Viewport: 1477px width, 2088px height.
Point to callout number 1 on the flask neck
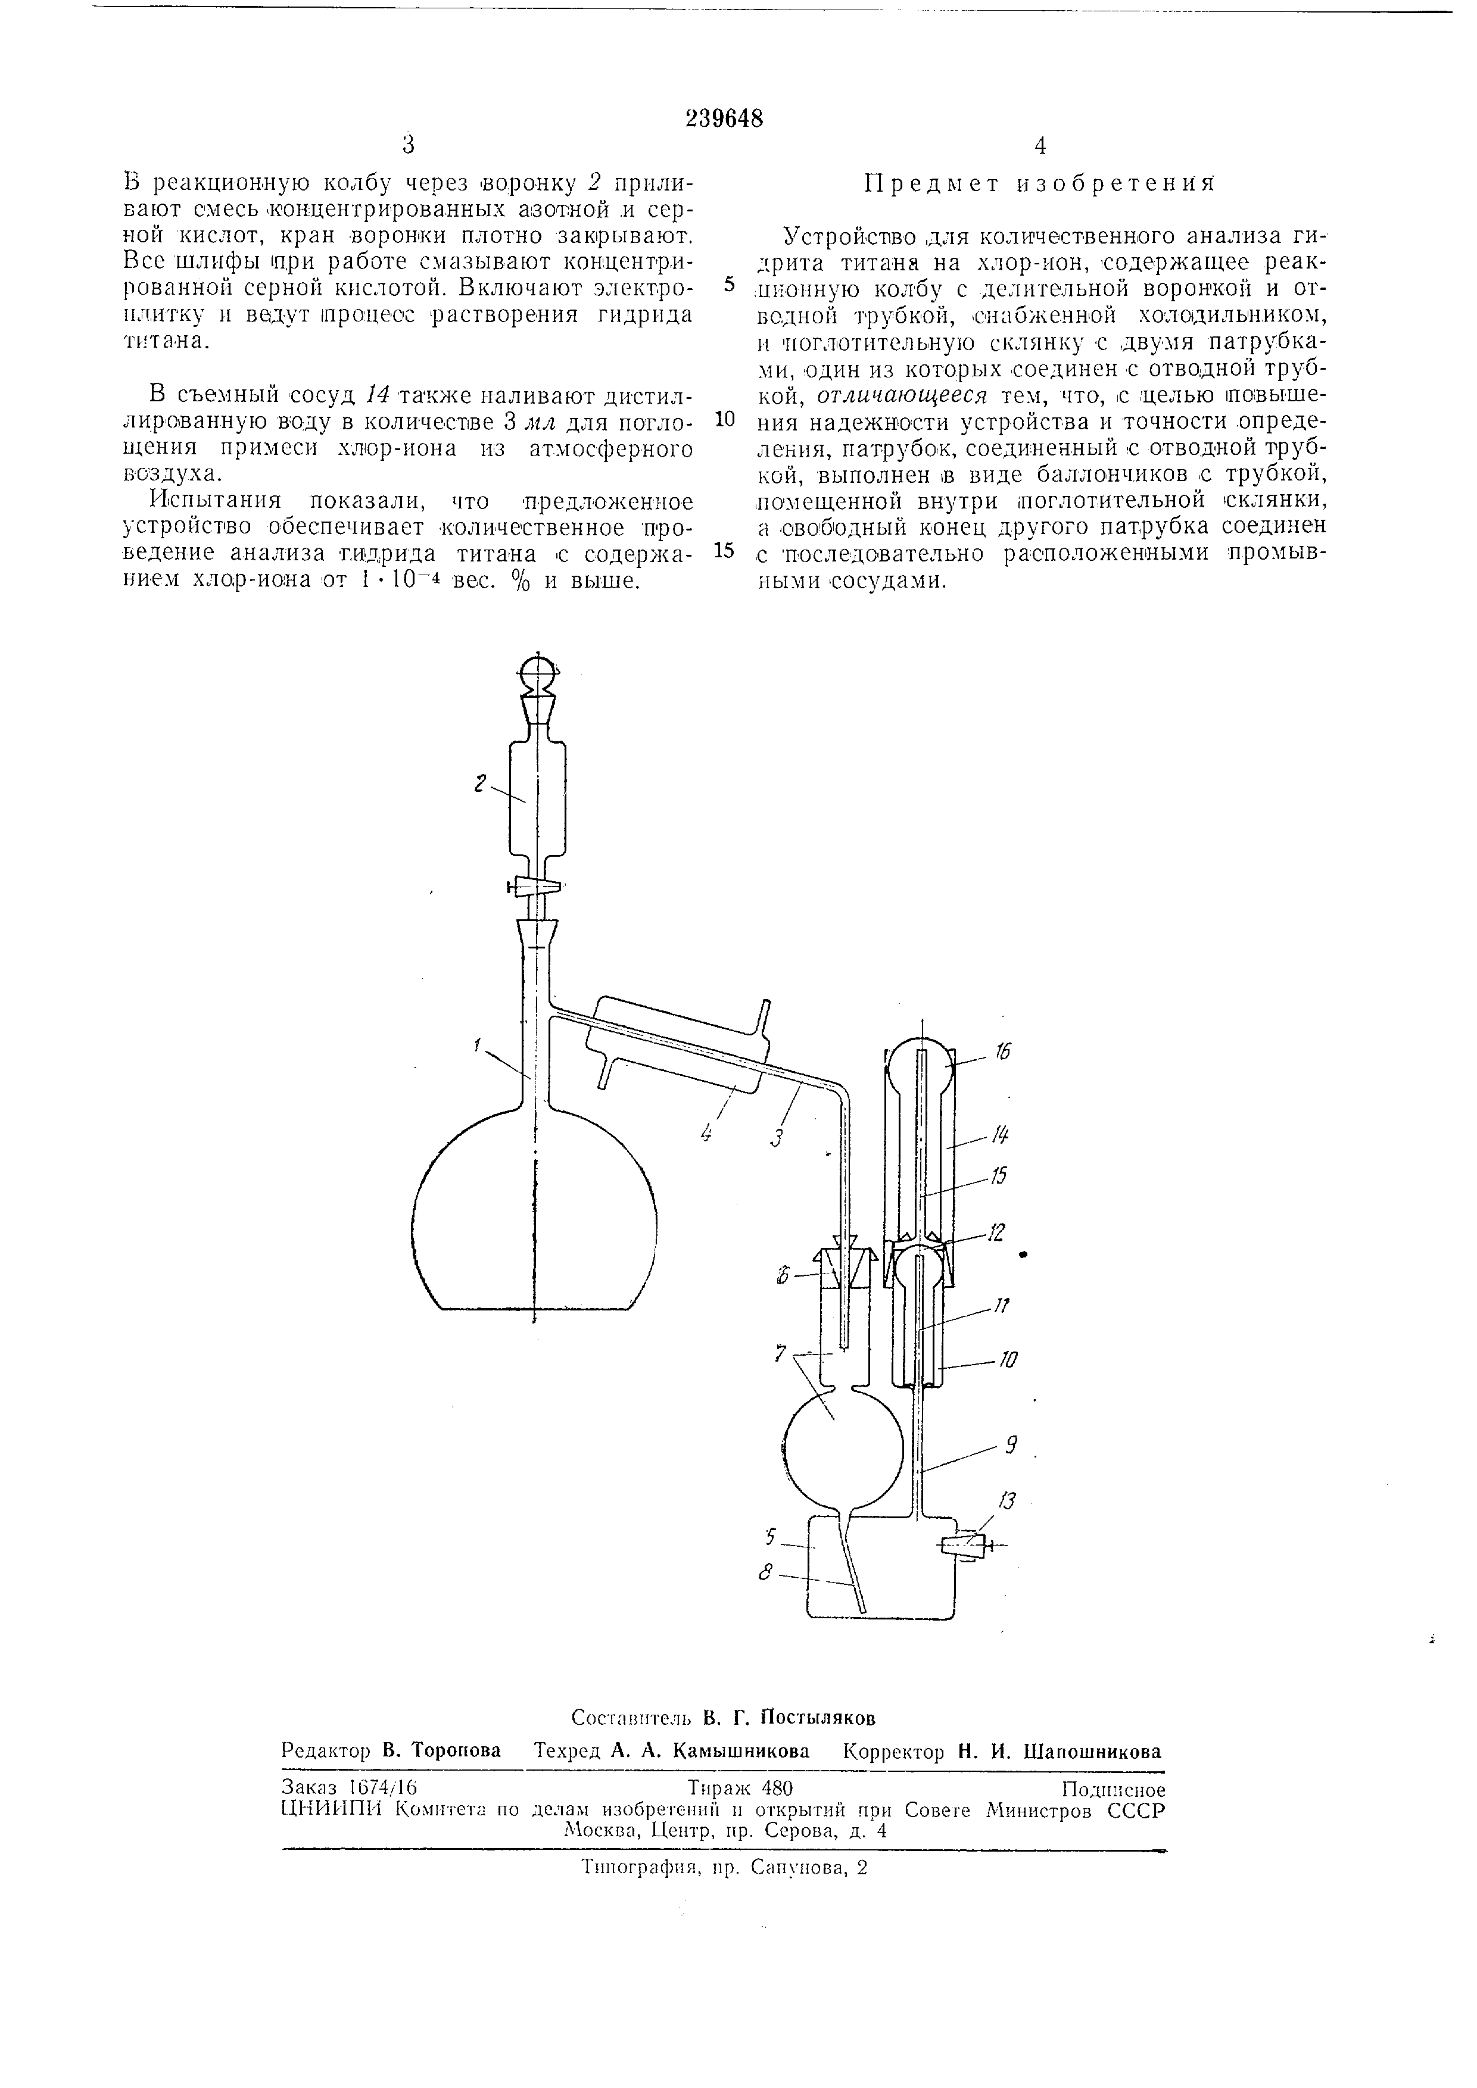[x=478, y=1046]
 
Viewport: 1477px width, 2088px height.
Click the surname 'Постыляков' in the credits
[x=818, y=1717]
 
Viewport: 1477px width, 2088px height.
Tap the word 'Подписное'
[x=1113, y=1789]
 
